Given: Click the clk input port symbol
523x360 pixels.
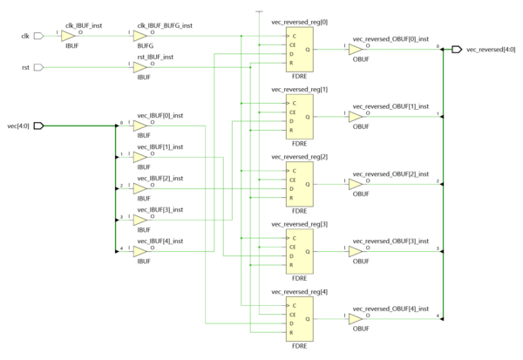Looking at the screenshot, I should point(38,37).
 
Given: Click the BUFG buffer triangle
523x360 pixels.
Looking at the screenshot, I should point(139,37).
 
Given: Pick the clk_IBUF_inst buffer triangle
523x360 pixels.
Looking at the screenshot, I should point(68,37).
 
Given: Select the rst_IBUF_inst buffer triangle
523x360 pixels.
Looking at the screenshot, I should point(139,67).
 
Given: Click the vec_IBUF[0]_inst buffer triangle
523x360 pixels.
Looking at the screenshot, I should point(139,126).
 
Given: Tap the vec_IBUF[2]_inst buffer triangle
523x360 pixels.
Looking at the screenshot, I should point(139,187).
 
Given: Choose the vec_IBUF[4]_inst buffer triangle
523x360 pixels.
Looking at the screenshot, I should point(139,249).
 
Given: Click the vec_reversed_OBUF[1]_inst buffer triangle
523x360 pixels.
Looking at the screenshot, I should point(355,117).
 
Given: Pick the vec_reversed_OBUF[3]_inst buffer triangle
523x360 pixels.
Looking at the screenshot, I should point(355,252).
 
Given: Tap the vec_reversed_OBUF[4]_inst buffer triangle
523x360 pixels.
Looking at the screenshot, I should point(355,319).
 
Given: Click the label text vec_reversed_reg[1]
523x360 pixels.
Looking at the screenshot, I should point(300,90).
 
